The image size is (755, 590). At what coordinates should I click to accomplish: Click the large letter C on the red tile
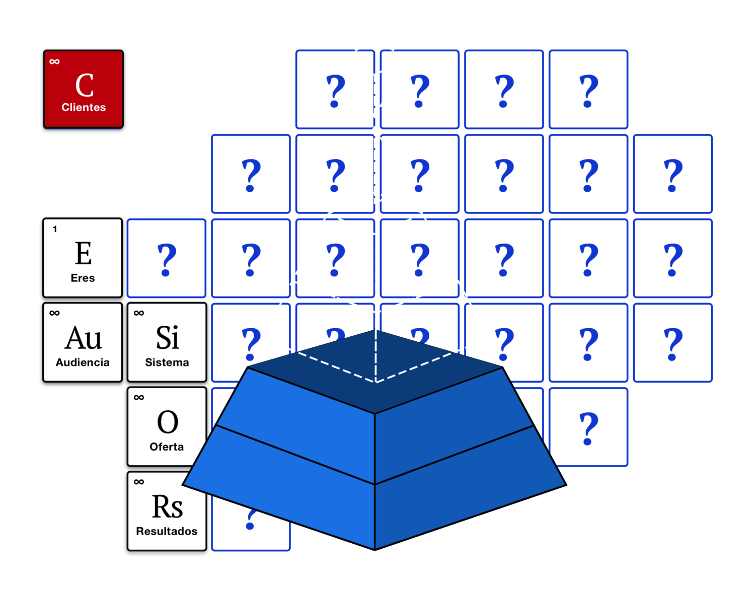(84, 85)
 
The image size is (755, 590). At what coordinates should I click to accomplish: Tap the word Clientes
(84, 107)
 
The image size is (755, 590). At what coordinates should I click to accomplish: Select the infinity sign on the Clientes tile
(54, 62)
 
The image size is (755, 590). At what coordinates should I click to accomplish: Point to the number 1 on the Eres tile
(55, 229)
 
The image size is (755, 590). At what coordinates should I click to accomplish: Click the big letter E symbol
(84, 253)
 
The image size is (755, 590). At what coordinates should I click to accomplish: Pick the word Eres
(83, 278)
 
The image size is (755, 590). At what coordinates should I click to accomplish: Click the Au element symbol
(84, 338)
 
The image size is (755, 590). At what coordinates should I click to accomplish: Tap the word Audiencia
(83, 362)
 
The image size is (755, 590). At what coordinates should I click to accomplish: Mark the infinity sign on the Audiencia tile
(54, 313)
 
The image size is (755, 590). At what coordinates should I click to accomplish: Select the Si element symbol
(167, 338)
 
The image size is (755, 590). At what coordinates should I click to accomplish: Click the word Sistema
(167, 362)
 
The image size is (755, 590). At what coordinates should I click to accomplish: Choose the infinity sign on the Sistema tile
(139, 313)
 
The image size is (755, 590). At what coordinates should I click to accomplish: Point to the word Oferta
(167, 447)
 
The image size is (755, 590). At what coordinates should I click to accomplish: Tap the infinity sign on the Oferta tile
(139, 398)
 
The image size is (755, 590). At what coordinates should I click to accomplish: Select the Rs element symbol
(167, 506)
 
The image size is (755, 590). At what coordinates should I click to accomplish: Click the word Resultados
(167, 531)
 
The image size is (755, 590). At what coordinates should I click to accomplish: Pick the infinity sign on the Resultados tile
(139, 482)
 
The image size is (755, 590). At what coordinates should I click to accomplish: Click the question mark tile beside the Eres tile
(167, 259)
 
